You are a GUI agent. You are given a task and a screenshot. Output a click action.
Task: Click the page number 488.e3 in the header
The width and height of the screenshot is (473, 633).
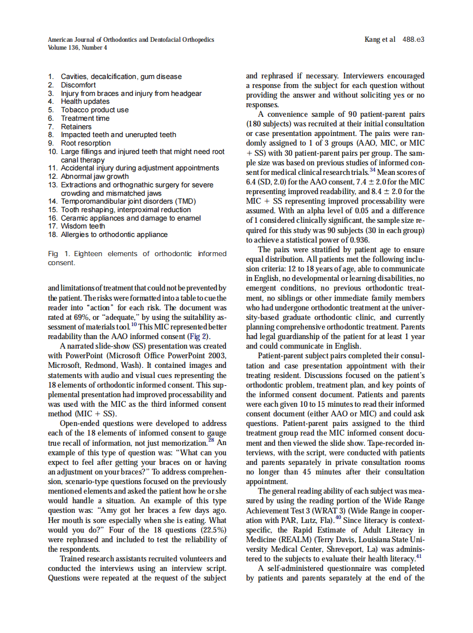(413, 39)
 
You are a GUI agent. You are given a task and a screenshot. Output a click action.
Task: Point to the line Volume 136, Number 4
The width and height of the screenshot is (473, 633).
(77, 47)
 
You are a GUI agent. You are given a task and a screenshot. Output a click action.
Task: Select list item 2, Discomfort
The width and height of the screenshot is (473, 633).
(78, 85)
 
